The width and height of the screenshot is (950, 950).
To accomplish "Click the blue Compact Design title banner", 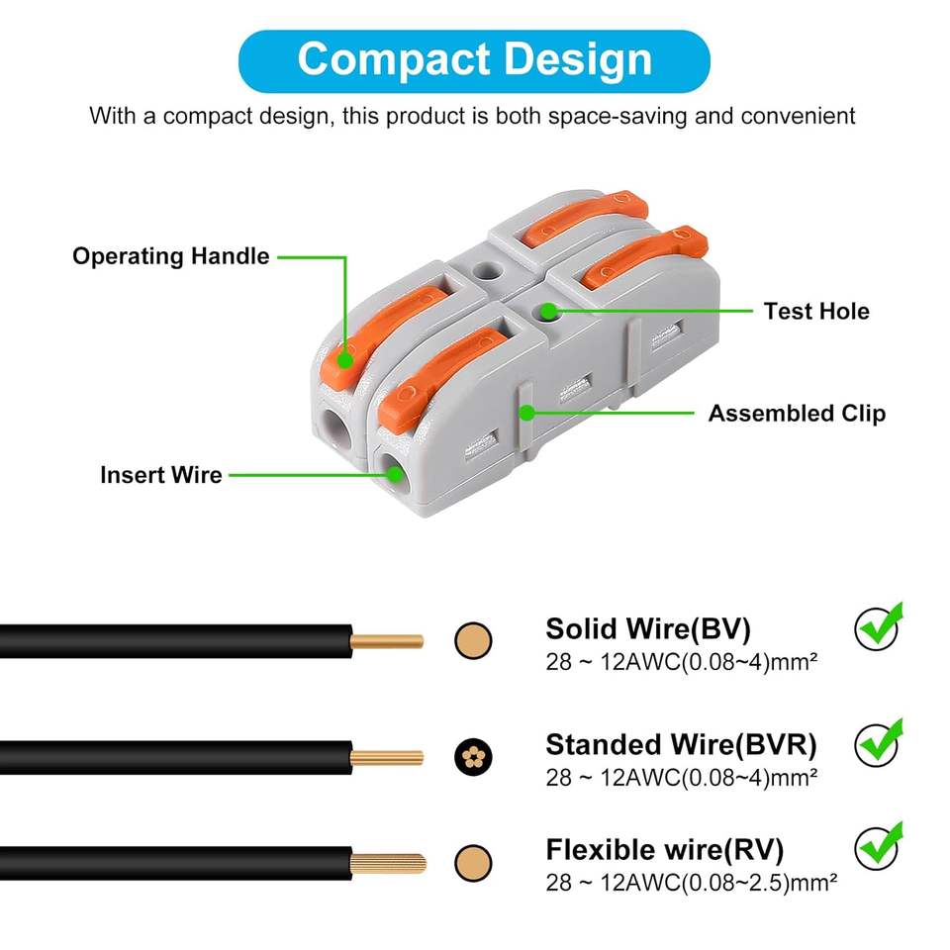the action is coord(475,60).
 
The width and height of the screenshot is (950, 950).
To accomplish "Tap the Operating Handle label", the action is coord(170,256).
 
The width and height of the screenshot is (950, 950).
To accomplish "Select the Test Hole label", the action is coord(815,311).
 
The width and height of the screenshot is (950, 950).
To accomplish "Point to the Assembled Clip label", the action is coord(797,413).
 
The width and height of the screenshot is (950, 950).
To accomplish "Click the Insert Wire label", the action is coord(160,474).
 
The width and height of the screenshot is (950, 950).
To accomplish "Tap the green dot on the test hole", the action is coord(547,311).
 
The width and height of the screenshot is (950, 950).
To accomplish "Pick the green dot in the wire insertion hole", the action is coord(395,475).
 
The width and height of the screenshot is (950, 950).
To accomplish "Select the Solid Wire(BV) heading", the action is coord(648,628).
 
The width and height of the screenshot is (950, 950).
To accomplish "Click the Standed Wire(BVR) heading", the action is coord(681,743).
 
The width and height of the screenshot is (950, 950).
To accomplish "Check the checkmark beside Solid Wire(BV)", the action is coord(879,626).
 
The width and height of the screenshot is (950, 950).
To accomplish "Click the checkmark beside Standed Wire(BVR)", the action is coord(879,740).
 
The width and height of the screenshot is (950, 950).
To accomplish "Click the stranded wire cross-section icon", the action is coord(473,758).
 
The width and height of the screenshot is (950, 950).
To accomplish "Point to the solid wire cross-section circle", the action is coord(473,641).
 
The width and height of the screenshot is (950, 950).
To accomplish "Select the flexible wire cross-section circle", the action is coord(473,863).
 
